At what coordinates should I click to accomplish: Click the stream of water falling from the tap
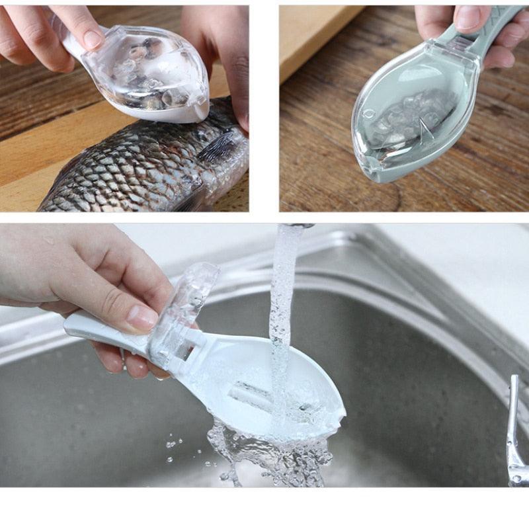283,298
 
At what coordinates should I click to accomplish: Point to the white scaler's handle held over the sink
99,327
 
